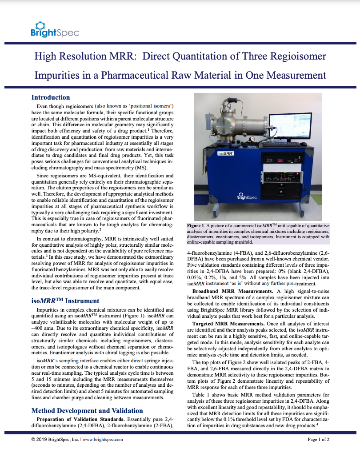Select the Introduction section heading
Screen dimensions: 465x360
[50, 97]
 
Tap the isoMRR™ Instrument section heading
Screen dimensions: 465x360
[65, 301]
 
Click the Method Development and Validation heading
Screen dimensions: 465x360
[87, 410]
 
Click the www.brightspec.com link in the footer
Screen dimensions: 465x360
[103, 439]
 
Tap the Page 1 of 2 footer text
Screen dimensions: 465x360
[318, 439]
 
